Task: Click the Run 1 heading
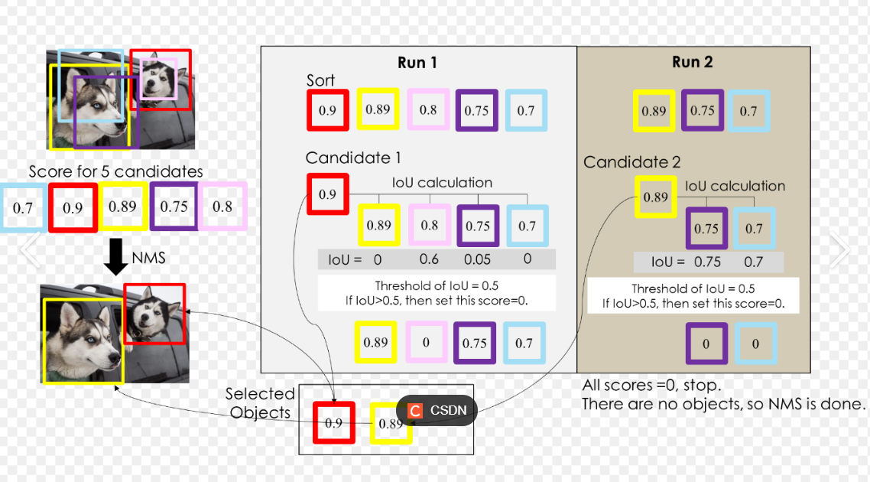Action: click(x=417, y=63)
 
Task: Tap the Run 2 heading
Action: click(x=693, y=63)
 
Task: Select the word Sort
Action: click(x=320, y=81)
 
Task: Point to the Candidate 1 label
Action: click(x=353, y=158)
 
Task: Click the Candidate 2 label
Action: click(x=631, y=162)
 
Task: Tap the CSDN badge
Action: click(x=437, y=410)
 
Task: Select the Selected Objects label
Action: click(x=260, y=403)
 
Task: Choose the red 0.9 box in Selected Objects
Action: click(x=334, y=422)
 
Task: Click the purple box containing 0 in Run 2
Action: click(x=706, y=344)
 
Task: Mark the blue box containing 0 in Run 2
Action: click(x=755, y=344)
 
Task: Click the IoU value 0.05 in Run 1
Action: click(x=476, y=259)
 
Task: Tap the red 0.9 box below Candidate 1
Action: click(x=327, y=194)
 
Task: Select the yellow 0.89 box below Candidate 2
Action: click(x=655, y=197)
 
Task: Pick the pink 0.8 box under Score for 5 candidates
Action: click(x=222, y=207)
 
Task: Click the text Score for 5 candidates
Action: click(x=116, y=171)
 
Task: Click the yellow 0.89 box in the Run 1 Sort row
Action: click(x=378, y=109)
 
